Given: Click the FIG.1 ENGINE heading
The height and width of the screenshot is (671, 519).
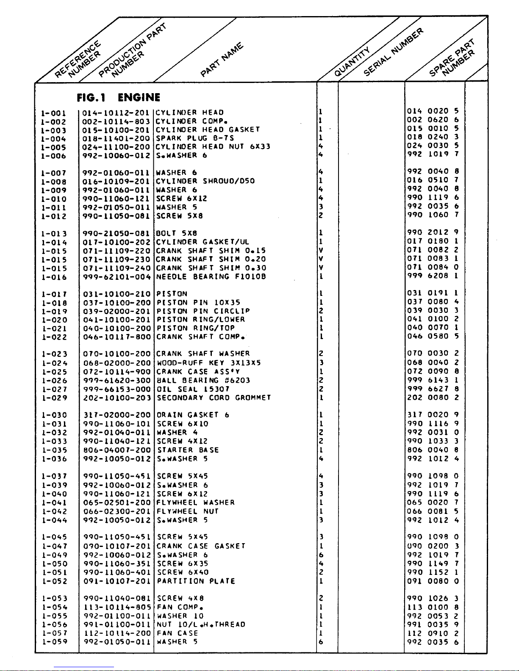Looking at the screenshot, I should point(118,98).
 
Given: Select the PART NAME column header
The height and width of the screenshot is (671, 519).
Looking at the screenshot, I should point(222,60).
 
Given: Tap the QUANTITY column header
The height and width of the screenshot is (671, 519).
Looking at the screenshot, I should point(352,62).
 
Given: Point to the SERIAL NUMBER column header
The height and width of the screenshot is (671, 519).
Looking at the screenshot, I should point(393,52).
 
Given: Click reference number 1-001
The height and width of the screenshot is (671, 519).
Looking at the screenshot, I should point(53,113).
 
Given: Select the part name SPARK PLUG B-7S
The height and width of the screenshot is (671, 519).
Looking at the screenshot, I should point(195,138).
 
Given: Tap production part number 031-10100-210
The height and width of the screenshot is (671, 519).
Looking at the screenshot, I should point(117,294).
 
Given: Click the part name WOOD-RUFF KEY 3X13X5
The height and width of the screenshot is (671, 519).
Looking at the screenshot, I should point(209,363).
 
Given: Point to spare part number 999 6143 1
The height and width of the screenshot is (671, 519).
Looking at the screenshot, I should point(433,380).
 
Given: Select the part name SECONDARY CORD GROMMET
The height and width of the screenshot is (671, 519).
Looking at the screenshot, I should point(214,398).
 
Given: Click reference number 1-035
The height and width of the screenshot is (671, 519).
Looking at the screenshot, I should point(54,450).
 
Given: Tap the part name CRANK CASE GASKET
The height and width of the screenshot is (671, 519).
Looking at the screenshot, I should point(201,546).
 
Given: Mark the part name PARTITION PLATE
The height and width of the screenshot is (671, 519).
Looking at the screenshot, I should point(196,581).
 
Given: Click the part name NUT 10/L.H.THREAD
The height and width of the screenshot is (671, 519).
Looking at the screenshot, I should point(201,624).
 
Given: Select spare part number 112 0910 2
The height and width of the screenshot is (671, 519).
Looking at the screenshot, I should point(433,633).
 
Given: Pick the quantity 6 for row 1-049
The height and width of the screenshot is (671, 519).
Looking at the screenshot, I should point(321,555).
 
